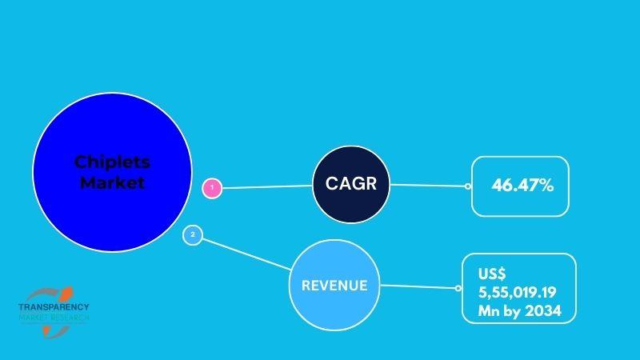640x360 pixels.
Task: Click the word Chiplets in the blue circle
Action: pos(112,162)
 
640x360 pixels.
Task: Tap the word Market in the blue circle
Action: pos(112,182)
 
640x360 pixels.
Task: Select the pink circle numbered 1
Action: pos(212,188)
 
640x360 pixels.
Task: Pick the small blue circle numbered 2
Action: pos(193,235)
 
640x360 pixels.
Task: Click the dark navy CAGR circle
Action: pos(351,185)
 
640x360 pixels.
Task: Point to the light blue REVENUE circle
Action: pos(334,285)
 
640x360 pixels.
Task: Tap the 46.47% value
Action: pos(522,186)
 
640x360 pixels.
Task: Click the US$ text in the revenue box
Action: pos(492,274)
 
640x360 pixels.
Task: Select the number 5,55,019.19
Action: pos(518,292)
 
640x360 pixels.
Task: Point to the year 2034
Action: pos(543,311)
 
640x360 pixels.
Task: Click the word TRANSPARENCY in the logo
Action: pos(54,307)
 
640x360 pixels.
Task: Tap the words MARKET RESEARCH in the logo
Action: pos(54,318)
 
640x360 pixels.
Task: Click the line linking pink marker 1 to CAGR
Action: pos(267,187)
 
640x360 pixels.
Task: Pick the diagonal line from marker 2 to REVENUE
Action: pos(247,254)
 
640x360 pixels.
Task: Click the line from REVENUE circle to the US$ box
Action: pos(418,286)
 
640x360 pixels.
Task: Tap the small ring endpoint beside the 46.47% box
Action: pos(468,186)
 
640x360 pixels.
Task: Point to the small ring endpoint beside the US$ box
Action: pos(458,288)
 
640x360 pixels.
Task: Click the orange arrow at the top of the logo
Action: pos(66,293)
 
